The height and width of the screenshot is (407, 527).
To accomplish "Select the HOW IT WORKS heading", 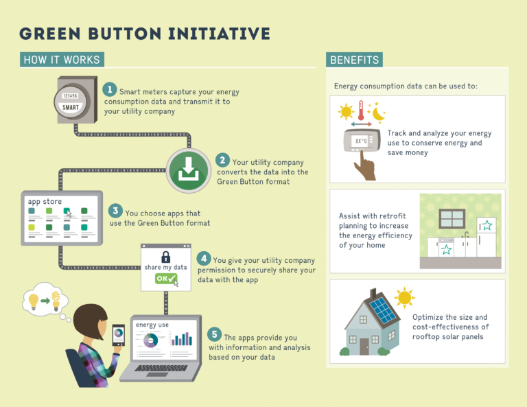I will (62, 60).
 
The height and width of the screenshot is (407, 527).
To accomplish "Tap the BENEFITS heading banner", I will (354, 60).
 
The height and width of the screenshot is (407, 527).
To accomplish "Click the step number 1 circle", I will (109, 89).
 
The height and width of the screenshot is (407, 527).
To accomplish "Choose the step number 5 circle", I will (214, 334).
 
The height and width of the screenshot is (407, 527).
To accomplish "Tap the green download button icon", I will (187, 169).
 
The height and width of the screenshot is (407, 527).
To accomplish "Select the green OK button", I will (165, 279).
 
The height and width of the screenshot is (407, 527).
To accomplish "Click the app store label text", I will (44, 201).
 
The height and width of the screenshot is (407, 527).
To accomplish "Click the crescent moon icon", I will (379, 113).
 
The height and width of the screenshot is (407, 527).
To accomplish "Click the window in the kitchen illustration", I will (452, 218).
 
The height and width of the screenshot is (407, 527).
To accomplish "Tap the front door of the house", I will (364, 346).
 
